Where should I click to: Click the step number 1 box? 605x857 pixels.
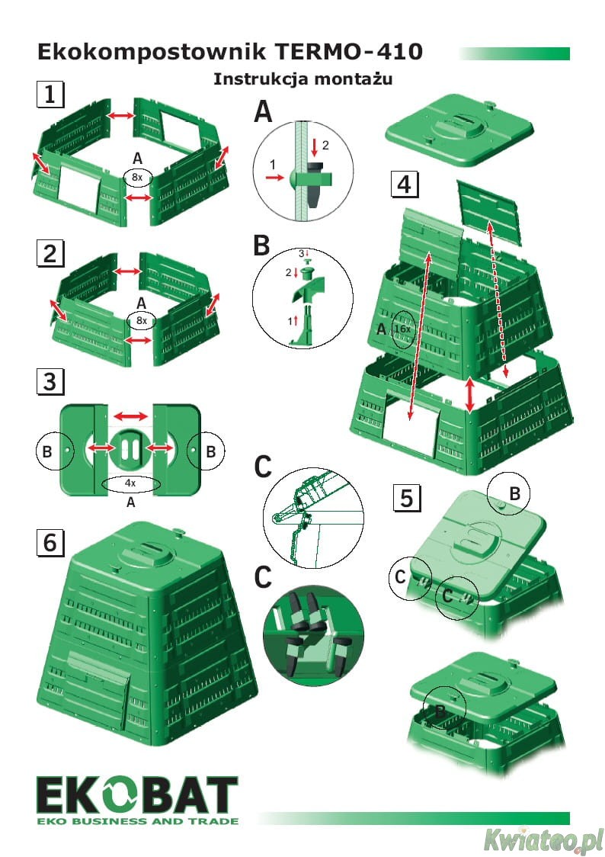tap(50, 95)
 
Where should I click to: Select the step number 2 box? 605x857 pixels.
tap(50, 253)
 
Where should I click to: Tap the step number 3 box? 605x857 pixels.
tap(50, 380)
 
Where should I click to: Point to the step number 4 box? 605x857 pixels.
tap(405, 184)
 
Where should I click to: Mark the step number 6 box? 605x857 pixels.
tap(50, 543)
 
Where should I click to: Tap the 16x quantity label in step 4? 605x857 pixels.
tap(403, 329)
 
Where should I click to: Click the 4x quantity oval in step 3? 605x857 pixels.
tap(130, 483)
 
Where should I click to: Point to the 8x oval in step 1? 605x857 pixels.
tap(138, 176)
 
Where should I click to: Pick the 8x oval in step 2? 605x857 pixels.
tap(140, 321)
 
